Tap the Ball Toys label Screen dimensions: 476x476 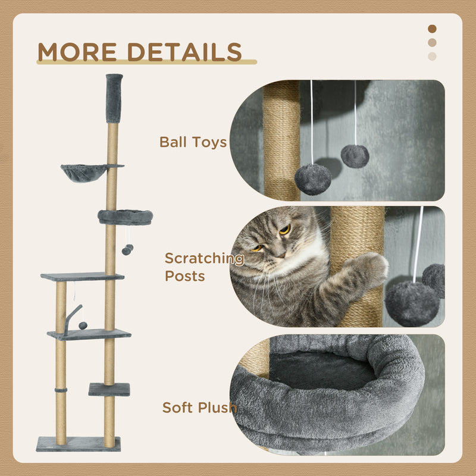tap(193, 142)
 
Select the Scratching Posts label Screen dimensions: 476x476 tap(203, 267)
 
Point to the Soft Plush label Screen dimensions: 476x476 tap(199, 408)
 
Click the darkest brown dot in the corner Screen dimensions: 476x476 tap(432, 29)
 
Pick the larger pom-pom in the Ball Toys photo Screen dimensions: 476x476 tap(313, 179)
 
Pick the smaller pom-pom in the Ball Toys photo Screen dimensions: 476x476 tap(355, 156)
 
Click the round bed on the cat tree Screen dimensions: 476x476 tap(125, 217)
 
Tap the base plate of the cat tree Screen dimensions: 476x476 tap(78, 444)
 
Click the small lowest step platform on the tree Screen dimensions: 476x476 tap(109, 390)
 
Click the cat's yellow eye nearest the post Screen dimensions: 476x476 tap(285, 229)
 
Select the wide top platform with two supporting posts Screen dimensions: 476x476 tap(82, 277)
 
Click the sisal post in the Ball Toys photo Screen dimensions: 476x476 tap(281, 140)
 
